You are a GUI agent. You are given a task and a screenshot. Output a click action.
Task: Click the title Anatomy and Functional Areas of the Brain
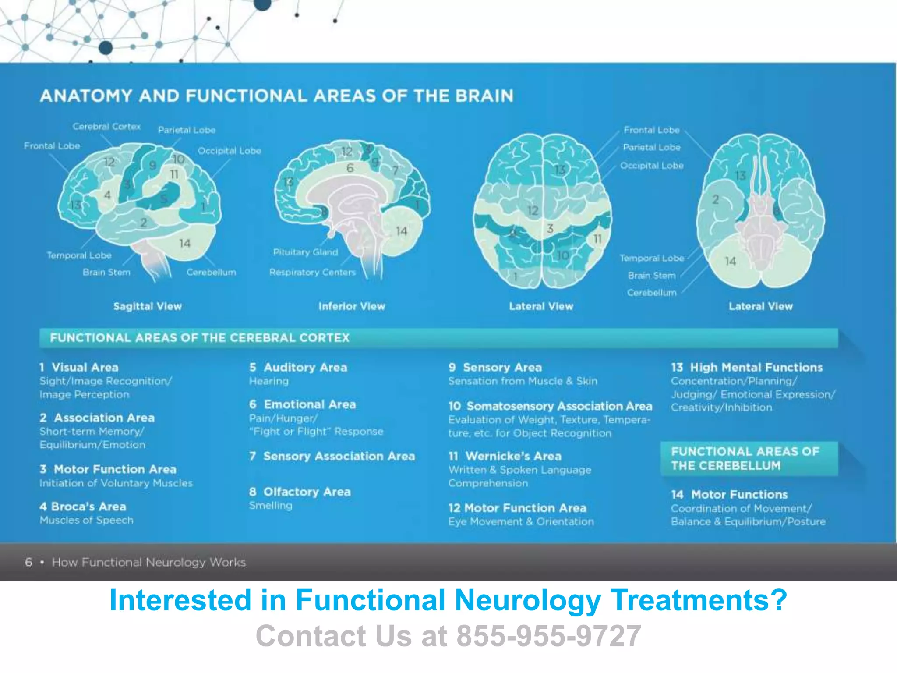point(276,96)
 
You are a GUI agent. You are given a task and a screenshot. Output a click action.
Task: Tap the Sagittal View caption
point(147,306)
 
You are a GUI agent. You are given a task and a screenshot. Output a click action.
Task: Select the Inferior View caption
point(352,306)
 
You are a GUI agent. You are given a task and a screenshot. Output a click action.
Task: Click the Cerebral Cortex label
point(106,127)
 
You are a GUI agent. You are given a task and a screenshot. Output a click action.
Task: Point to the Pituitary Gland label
point(305,252)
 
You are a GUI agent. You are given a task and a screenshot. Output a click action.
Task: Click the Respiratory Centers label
point(312,273)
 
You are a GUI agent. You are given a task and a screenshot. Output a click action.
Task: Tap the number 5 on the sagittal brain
point(164,198)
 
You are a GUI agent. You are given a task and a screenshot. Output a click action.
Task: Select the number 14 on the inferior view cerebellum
point(402,231)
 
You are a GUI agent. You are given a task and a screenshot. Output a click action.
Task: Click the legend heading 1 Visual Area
point(79,367)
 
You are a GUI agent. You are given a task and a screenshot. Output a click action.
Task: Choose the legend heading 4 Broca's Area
point(83,507)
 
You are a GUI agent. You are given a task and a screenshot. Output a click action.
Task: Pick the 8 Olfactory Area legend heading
point(300,492)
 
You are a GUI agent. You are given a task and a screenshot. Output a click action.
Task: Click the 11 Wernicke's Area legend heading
point(505,456)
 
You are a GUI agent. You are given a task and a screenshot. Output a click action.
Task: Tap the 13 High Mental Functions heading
point(747,367)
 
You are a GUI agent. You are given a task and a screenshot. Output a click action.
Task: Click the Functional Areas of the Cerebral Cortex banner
point(200,338)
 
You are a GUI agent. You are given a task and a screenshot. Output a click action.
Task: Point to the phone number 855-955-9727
point(549,636)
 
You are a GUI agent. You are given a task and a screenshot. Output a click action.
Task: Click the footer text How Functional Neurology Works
point(148,562)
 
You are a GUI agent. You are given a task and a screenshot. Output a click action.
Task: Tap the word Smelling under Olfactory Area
point(271,506)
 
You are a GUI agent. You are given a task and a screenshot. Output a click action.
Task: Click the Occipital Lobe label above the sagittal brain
point(229,151)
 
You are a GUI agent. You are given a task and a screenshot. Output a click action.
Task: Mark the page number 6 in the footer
point(29,562)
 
